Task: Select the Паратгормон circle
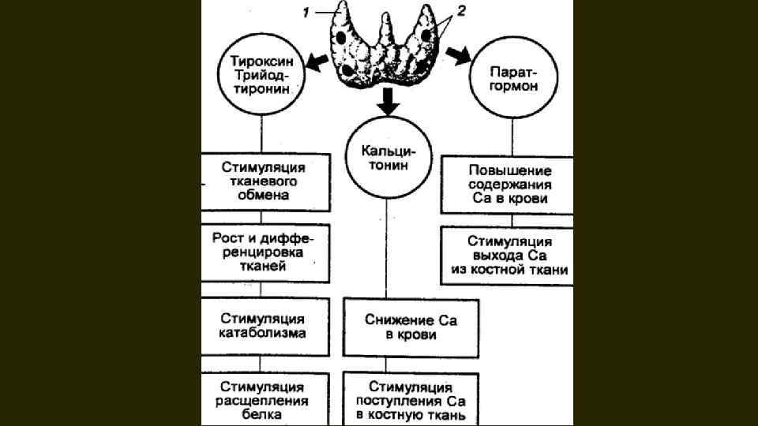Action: click(514, 79)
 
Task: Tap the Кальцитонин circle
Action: click(386, 158)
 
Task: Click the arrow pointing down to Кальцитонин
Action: click(386, 100)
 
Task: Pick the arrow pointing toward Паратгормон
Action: click(456, 54)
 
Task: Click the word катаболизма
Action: click(262, 333)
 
